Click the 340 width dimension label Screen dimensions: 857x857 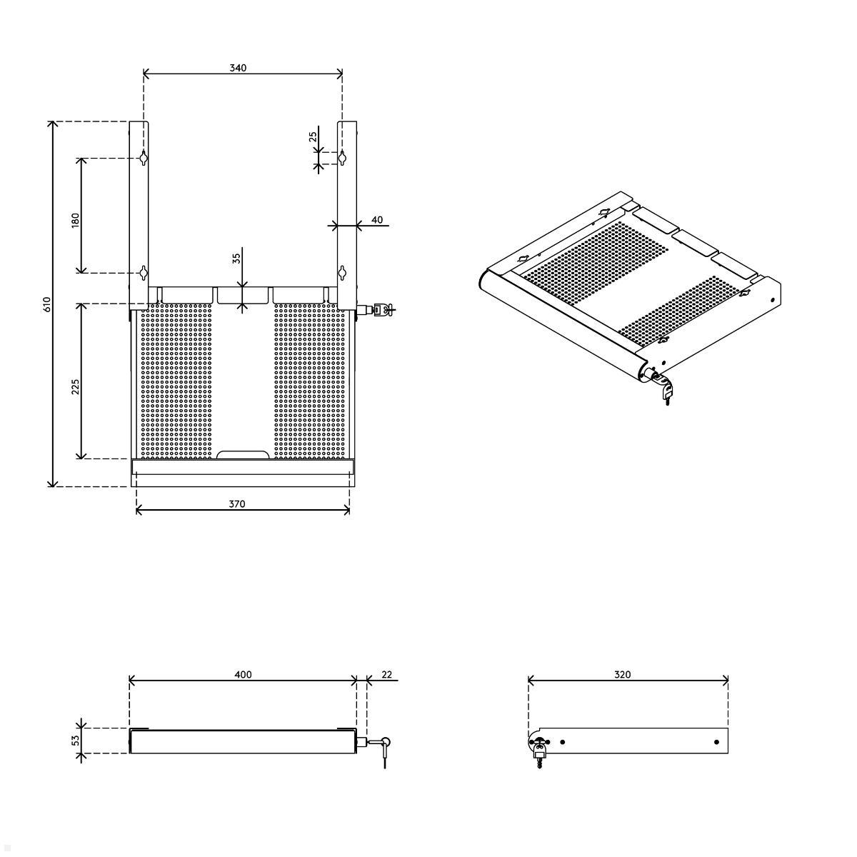tap(238, 68)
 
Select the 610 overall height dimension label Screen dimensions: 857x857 tap(47, 304)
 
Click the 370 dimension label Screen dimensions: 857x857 tap(237, 503)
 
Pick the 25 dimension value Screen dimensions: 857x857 tap(313, 137)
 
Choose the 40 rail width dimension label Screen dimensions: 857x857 tap(376, 220)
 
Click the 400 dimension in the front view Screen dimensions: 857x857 tap(243, 675)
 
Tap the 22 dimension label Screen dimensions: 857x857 tap(386, 675)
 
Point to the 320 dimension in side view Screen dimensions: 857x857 tap(623, 675)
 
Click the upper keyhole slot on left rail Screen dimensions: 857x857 tap(144, 158)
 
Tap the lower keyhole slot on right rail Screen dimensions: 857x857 tap(342, 272)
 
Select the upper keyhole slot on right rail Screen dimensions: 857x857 tap(342, 158)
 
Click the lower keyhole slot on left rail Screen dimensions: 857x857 tap(144, 272)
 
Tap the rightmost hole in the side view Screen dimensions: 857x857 tap(716, 743)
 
